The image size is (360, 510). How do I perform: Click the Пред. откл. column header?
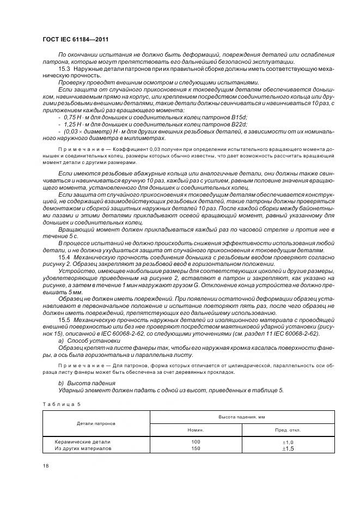pyautogui.click(x=287, y=430)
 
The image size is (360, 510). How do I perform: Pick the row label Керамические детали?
pyautogui.click(x=83, y=442)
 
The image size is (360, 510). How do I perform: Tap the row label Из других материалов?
pyautogui.click(x=83, y=448)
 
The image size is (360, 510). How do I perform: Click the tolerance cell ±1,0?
pyautogui.click(x=288, y=442)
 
